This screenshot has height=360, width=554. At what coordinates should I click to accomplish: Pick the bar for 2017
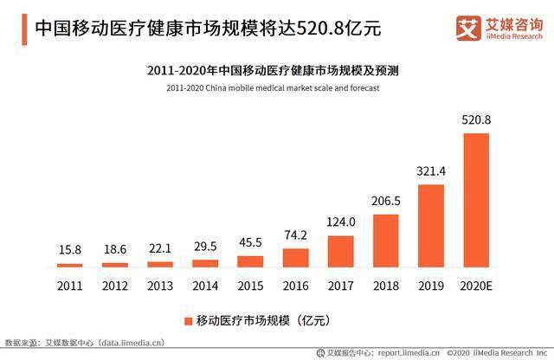pyautogui.click(x=341, y=251)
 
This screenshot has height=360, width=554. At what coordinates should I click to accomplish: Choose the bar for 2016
pyautogui.click(x=295, y=258)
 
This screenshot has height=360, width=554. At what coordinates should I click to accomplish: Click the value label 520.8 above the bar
pyautogui.click(x=476, y=120)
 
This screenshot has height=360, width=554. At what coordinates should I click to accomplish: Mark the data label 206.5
pyautogui.click(x=386, y=201)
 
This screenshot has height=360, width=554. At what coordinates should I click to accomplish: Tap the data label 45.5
pyautogui.click(x=250, y=242)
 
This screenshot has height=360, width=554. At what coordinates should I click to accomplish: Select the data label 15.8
pyautogui.click(x=70, y=250)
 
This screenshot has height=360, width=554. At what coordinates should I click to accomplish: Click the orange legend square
pyautogui.click(x=186, y=321)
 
